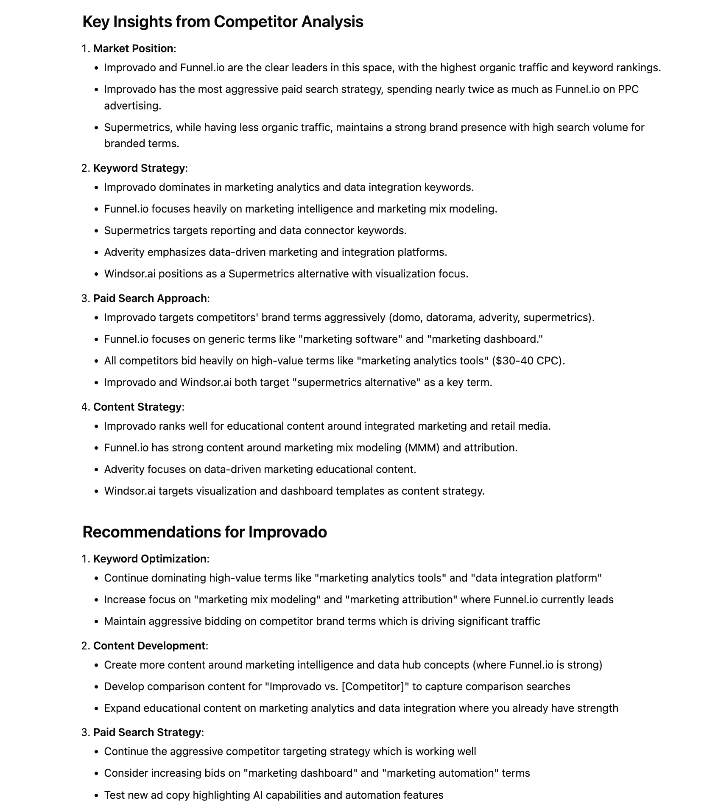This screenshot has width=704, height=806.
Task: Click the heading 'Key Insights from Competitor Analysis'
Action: (223, 22)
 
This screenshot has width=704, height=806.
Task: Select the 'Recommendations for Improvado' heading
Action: (204, 532)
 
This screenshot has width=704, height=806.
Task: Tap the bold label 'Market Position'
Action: (133, 49)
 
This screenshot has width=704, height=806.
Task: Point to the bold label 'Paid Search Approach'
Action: (150, 299)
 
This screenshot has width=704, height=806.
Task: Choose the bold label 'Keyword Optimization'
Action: (150, 559)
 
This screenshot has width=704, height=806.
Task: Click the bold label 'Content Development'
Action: (149, 646)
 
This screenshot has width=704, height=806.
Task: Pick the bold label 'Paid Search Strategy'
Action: (147, 733)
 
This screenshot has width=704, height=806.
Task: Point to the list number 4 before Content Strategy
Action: (85, 407)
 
